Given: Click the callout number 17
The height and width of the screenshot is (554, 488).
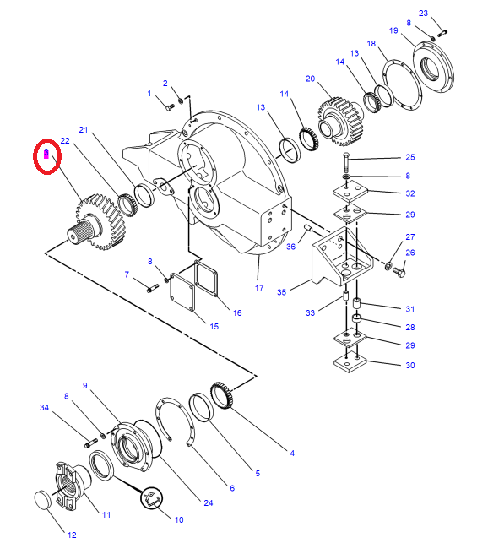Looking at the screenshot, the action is [259, 288].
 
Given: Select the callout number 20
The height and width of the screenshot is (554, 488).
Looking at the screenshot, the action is [310, 79].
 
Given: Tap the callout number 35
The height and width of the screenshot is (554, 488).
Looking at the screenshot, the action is [281, 292].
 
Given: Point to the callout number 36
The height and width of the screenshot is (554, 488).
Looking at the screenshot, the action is [290, 247].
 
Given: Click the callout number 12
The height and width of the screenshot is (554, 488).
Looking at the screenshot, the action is [72, 535].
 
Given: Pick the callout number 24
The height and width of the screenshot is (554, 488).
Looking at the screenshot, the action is [209, 502].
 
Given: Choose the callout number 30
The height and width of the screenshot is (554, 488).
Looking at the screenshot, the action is [410, 366].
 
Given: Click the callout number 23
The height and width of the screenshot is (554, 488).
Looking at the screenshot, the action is [423, 14].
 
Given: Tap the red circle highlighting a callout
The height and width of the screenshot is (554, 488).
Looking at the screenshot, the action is [47, 156].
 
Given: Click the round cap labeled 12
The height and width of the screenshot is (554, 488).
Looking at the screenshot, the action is [43, 500].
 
